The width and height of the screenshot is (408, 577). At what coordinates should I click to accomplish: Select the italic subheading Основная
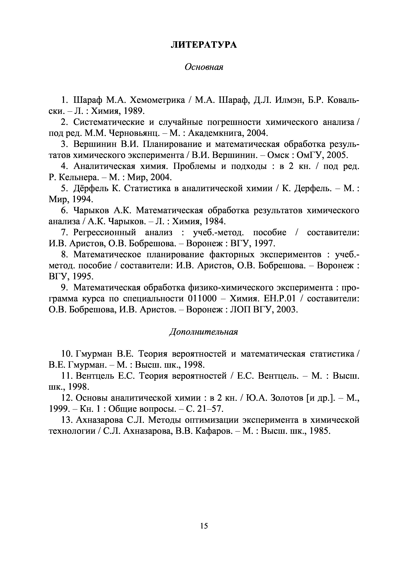pyautogui.click(x=204, y=67)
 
